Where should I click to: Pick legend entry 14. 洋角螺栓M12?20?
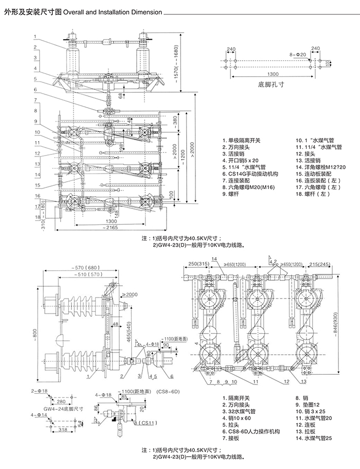[x=321, y=167]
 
